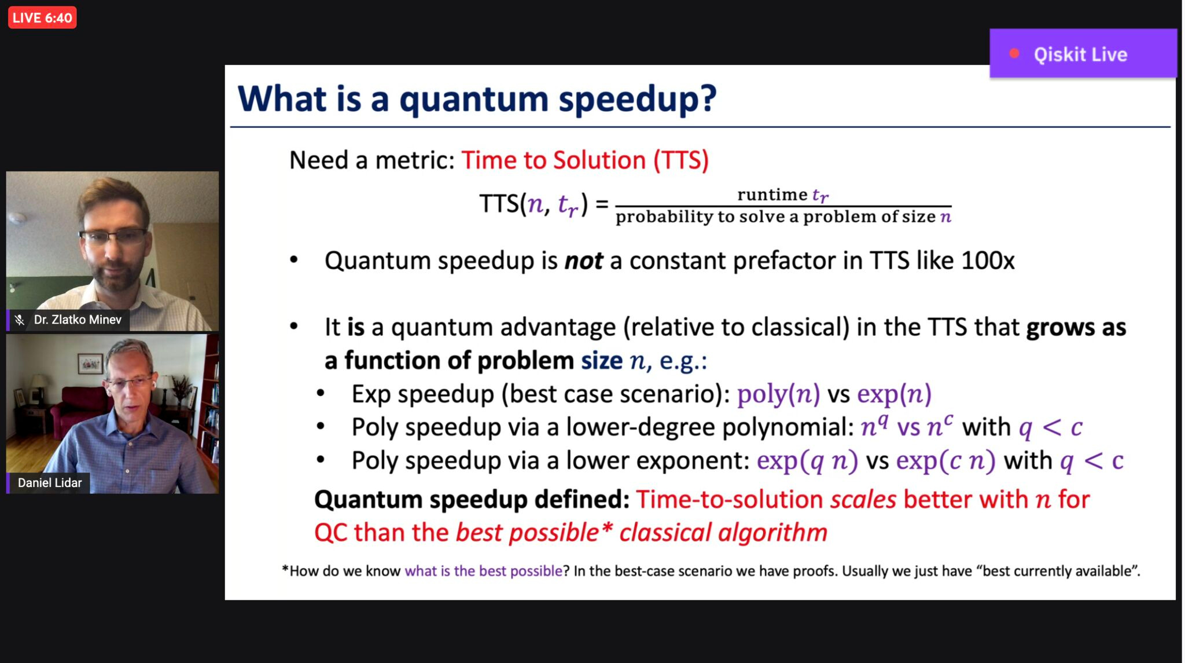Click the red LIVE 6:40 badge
pyautogui.click(x=42, y=17)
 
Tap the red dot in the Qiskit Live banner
pyautogui.click(x=1014, y=54)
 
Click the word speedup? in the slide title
pyautogui.click(x=638, y=98)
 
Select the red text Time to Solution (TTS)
pyautogui.click(x=585, y=160)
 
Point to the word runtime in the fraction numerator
pyautogui.click(x=772, y=195)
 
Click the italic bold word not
pyautogui.click(x=584, y=261)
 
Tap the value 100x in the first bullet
pyautogui.click(x=988, y=261)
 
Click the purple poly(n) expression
pyautogui.click(x=778, y=394)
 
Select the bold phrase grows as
pyautogui.click(x=1076, y=327)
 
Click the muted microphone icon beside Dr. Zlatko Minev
pyautogui.click(x=20, y=320)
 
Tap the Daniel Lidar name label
pyautogui.click(x=49, y=483)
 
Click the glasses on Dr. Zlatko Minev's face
pyautogui.click(x=113, y=236)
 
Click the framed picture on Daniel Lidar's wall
pyautogui.click(x=90, y=364)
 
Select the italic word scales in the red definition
pyautogui.click(x=863, y=500)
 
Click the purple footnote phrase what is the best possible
pyautogui.click(x=483, y=571)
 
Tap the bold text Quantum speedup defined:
pyautogui.click(x=472, y=500)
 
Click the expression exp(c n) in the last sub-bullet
pyautogui.click(x=945, y=461)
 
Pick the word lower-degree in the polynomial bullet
pyautogui.click(x=640, y=427)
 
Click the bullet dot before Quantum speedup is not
pyautogui.click(x=294, y=260)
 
